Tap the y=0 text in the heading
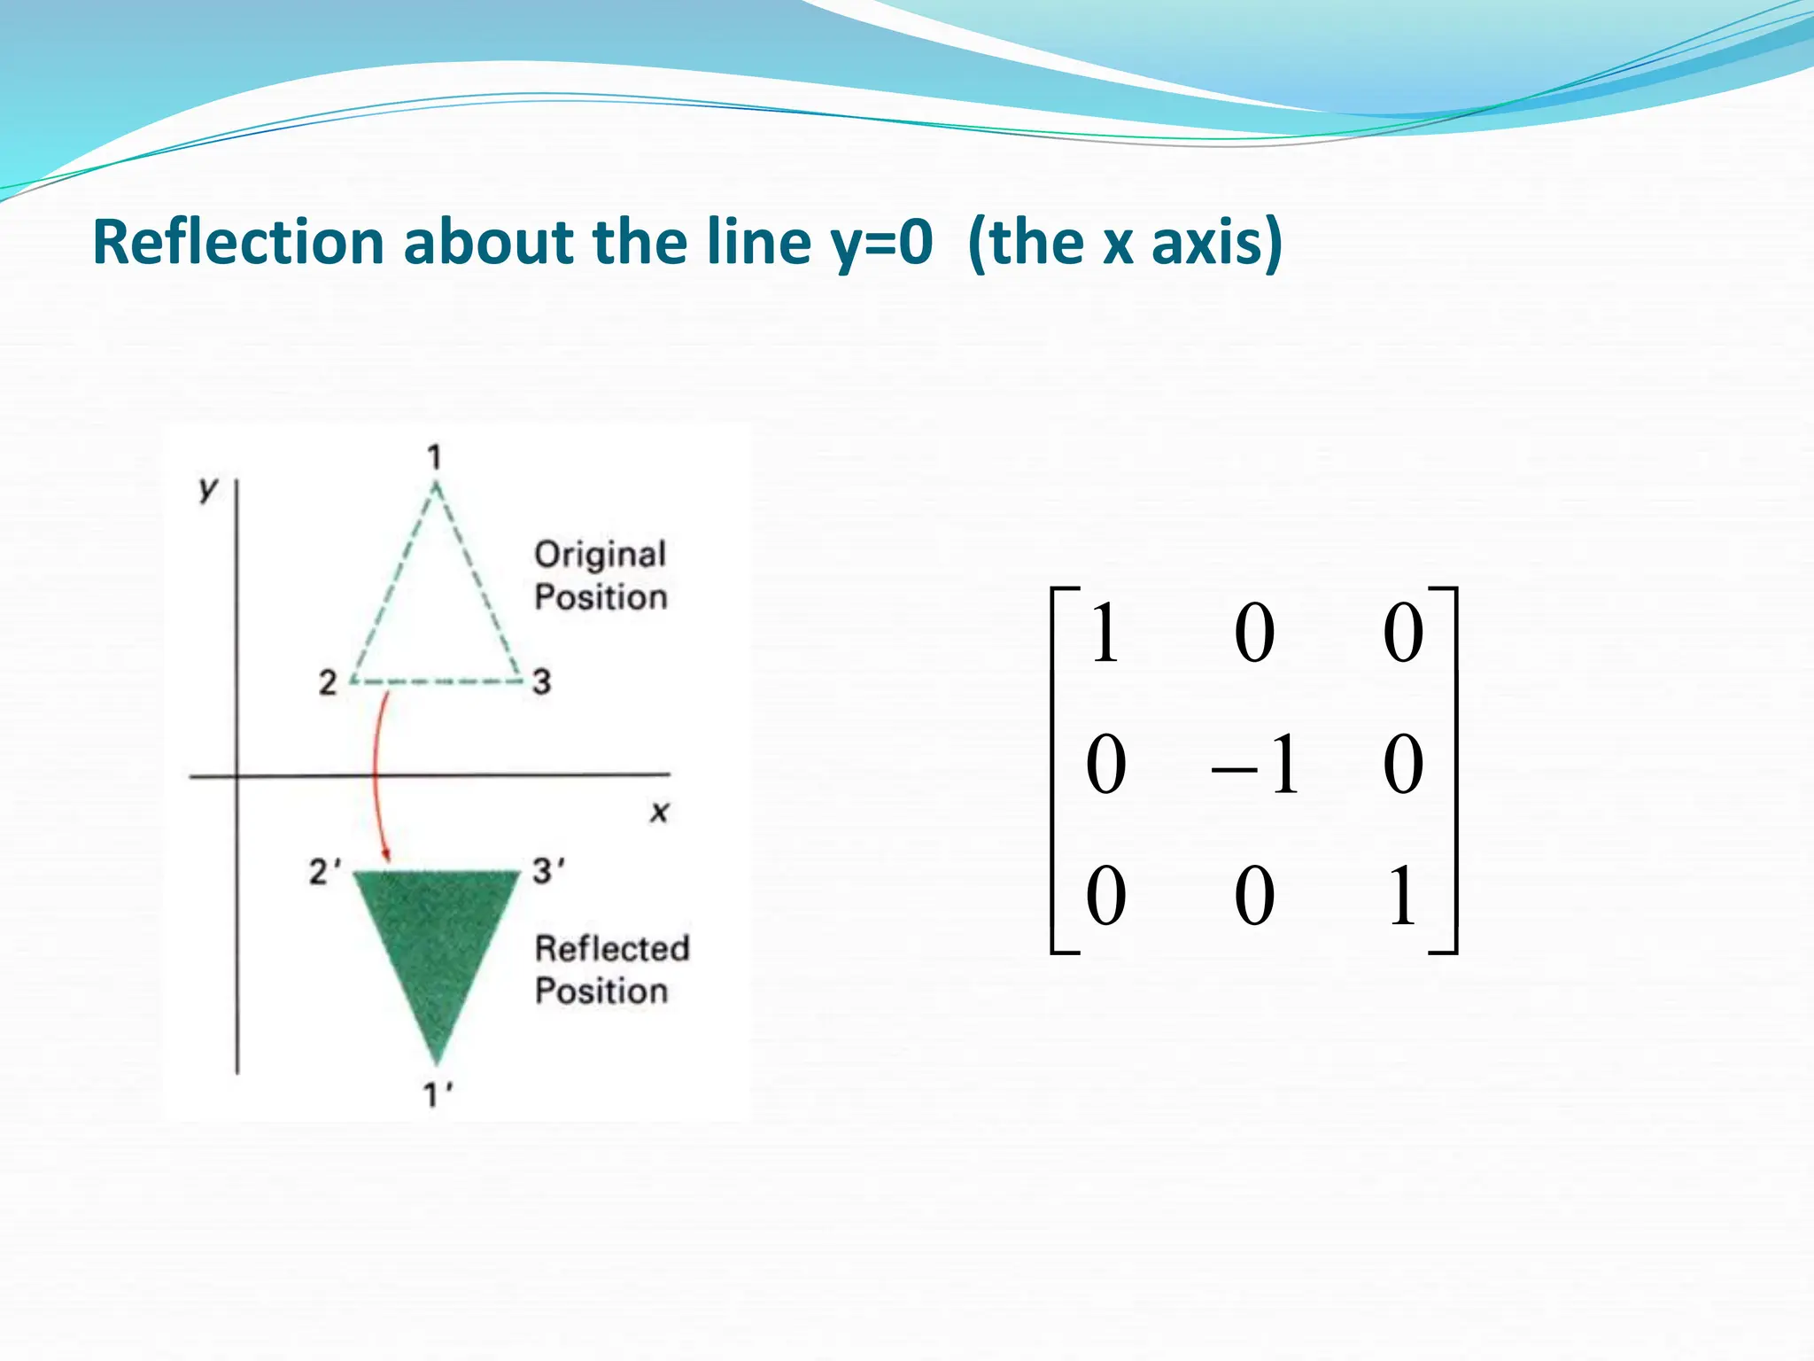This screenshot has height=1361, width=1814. (x=881, y=243)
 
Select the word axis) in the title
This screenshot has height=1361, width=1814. (x=1215, y=243)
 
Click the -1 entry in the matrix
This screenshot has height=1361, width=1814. (x=1256, y=765)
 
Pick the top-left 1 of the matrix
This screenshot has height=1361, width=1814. (x=1104, y=633)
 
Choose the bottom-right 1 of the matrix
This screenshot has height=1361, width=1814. (x=1402, y=897)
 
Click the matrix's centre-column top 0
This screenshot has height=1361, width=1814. (x=1254, y=633)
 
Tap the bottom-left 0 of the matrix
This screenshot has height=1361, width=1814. (x=1105, y=897)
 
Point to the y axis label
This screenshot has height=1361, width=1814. (x=208, y=487)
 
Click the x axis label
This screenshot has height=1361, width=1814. (x=659, y=812)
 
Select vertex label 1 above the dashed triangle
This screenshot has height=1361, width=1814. (x=434, y=457)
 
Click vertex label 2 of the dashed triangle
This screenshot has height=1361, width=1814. (x=328, y=682)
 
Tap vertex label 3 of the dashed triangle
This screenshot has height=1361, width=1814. (x=541, y=681)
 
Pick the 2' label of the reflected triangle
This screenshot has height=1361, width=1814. (x=324, y=872)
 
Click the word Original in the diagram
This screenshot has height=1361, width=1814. (x=600, y=555)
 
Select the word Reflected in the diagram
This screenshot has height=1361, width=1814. (x=612, y=949)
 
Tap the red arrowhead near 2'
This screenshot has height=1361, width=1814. (x=386, y=854)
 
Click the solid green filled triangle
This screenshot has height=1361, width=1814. (x=436, y=939)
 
